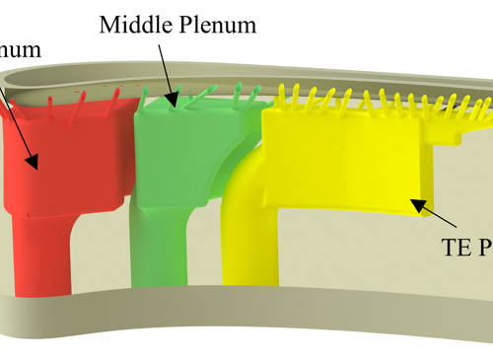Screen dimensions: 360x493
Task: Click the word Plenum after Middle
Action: click(217, 26)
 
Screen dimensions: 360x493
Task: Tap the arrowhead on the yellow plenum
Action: click(418, 204)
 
